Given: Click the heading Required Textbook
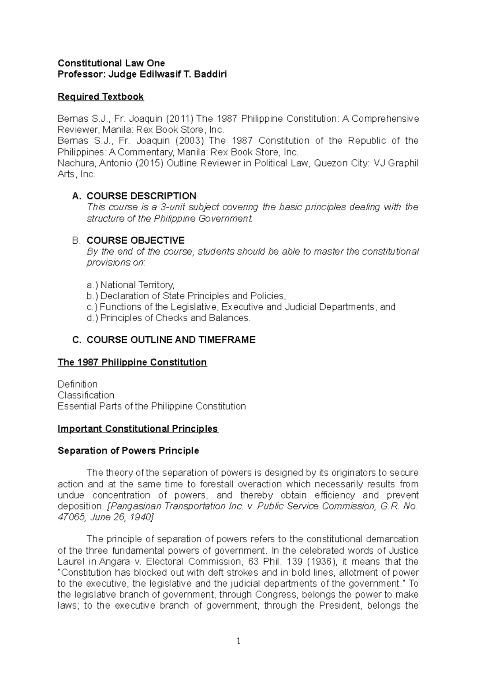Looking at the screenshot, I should click(101, 97).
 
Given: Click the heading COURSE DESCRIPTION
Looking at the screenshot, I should click(141, 196).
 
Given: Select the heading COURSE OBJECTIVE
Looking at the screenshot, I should click(136, 241).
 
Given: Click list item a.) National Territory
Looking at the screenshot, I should click(130, 285).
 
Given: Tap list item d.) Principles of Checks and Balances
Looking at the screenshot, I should click(169, 318).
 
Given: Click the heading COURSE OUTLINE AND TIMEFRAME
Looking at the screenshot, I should click(171, 340).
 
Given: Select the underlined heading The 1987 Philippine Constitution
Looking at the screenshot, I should click(132, 362).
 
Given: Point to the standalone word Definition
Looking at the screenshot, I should click(78, 384).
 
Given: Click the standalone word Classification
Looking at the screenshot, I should click(86, 395).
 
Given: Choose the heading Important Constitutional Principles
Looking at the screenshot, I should click(138, 429).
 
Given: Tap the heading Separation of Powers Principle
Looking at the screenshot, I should click(128, 450).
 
